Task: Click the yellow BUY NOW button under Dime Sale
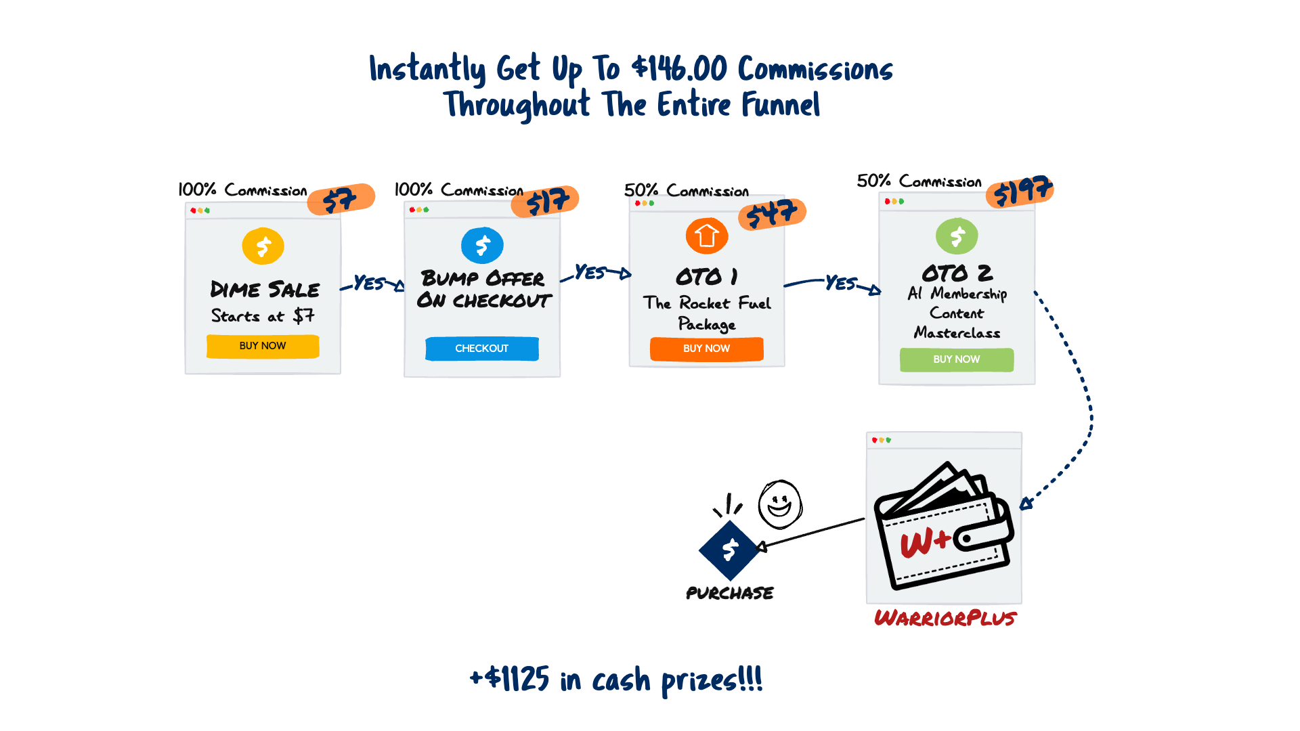(263, 346)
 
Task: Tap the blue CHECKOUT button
(481, 349)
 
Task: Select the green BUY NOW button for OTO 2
(956, 359)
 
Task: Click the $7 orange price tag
(341, 199)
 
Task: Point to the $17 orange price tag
(546, 201)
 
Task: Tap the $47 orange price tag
(772, 214)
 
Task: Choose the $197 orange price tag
(1020, 190)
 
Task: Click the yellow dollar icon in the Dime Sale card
(263, 246)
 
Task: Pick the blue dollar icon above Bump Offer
(482, 245)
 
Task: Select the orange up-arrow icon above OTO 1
(706, 236)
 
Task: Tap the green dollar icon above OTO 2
(957, 236)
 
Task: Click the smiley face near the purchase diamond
(779, 504)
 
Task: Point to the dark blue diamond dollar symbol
(730, 550)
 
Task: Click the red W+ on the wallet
(925, 541)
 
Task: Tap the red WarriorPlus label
(945, 618)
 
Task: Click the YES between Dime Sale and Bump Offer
(369, 283)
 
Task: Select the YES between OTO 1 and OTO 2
(841, 282)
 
